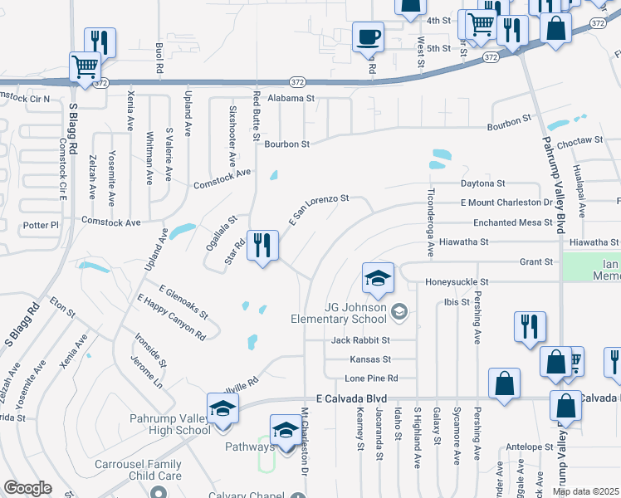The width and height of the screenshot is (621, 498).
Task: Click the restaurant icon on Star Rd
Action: (x=263, y=246)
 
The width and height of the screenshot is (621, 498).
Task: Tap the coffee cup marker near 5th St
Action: (x=368, y=37)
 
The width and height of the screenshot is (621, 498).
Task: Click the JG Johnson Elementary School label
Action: (x=339, y=313)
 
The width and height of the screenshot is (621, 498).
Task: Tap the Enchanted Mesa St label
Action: (x=512, y=222)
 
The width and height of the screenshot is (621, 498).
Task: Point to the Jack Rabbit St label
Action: (x=360, y=340)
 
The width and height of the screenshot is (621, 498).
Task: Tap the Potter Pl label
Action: (x=42, y=225)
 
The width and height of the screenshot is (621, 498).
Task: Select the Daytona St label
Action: (x=483, y=183)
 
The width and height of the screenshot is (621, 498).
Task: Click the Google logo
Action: (x=27, y=488)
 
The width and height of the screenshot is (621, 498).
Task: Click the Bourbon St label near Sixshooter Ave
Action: (x=286, y=144)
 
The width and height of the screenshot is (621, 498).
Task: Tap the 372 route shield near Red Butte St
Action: (x=297, y=82)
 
